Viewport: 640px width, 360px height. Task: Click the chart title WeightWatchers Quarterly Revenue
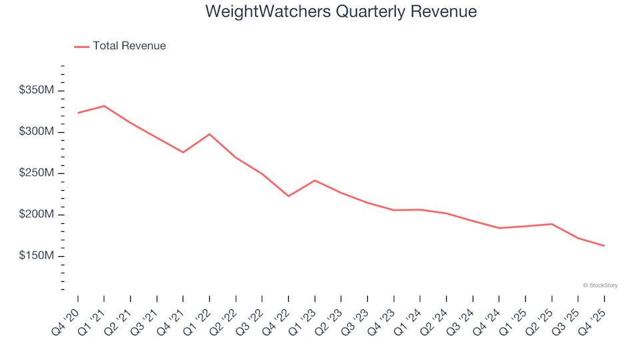(341, 11)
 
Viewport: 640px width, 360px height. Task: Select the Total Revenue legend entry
(129, 46)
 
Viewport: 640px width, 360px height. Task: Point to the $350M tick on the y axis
(36, 91)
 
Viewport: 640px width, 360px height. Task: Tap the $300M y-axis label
(36, 132)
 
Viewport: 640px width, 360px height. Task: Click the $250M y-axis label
(36, 173)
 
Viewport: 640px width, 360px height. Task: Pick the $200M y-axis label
(36, 215)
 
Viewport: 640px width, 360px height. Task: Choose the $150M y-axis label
(36, 256)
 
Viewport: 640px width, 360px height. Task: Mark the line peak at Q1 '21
(104, 105)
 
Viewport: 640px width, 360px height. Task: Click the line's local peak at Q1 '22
(209, 134)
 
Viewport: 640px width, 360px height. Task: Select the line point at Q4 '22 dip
(288, 196)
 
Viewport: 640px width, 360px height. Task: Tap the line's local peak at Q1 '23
(315, 180)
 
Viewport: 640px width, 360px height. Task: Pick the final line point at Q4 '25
(604, 246)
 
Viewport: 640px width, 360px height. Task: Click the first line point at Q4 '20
(78, 113)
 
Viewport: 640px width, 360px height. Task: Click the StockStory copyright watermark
(600, 285)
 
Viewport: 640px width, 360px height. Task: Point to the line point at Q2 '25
(551, 224)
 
